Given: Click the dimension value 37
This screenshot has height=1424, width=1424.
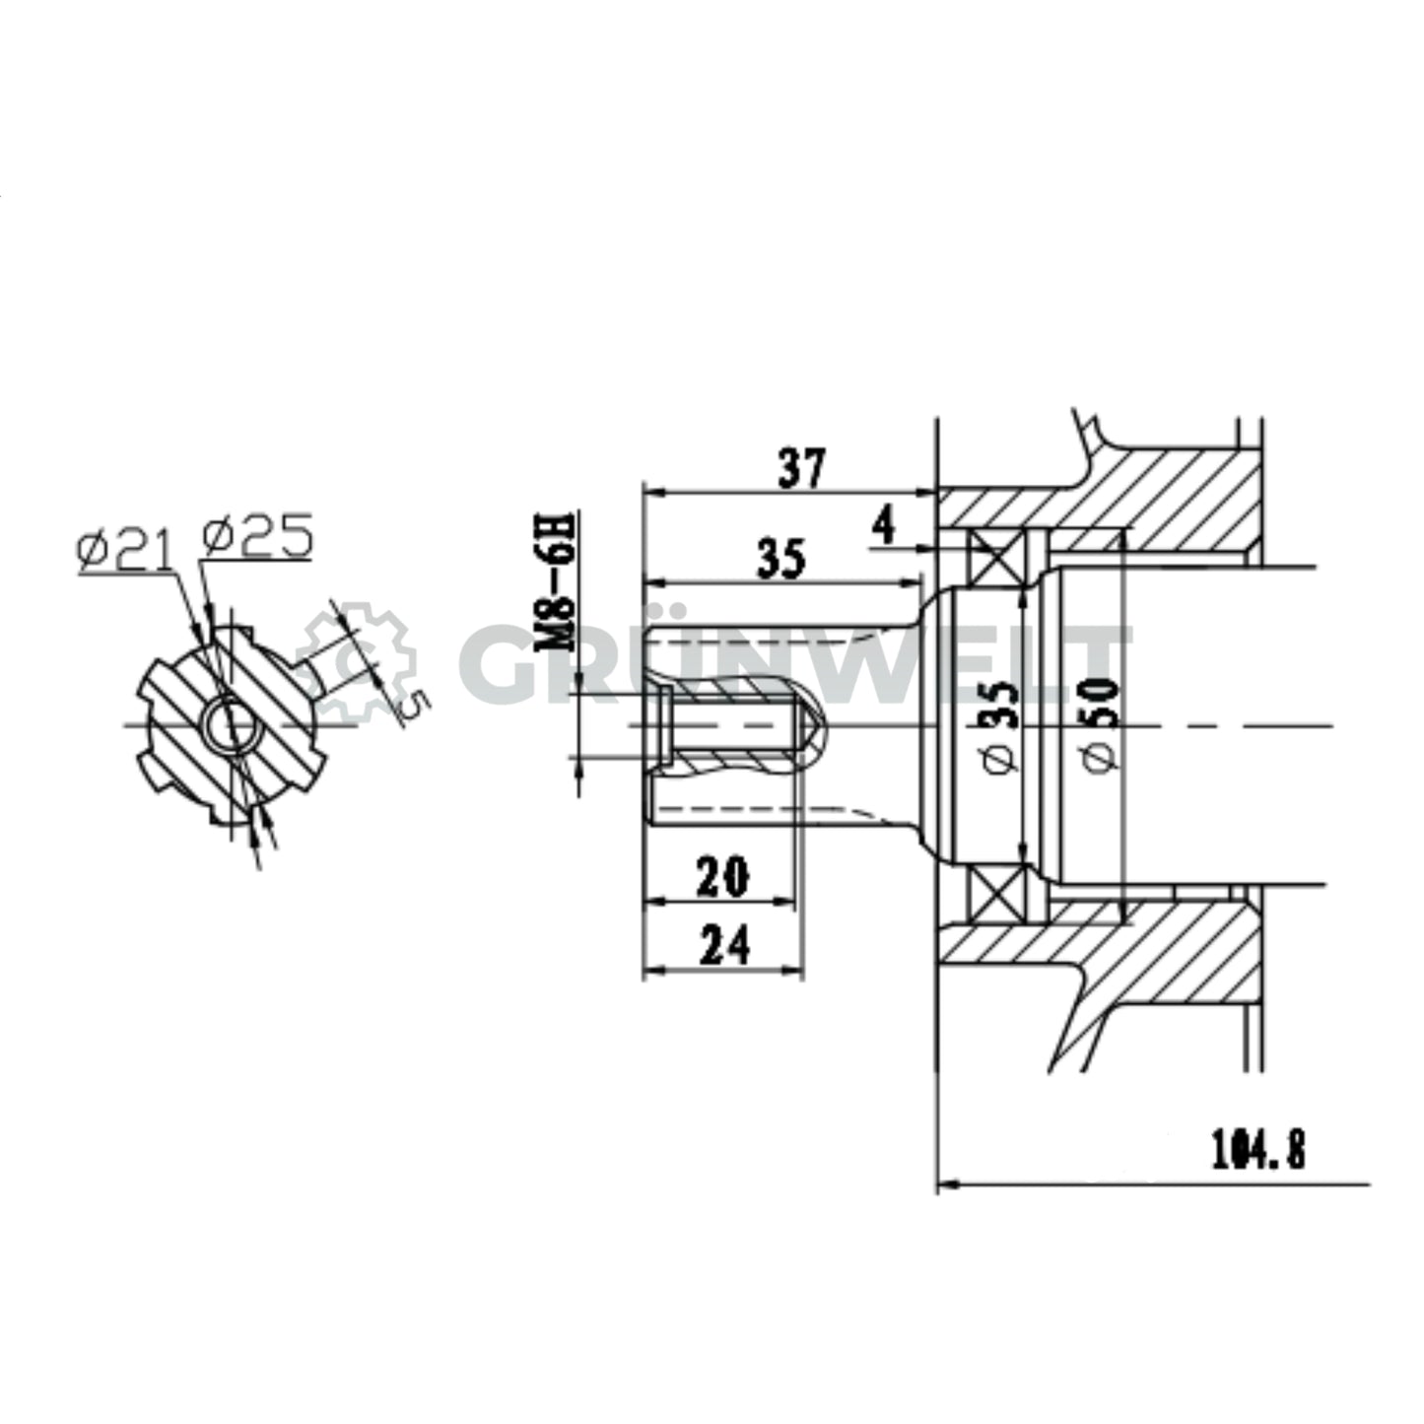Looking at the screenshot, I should (801, 468).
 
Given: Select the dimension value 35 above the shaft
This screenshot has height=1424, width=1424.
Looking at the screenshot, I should (780, 558).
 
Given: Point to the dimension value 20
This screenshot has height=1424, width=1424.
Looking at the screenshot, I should (722, 876).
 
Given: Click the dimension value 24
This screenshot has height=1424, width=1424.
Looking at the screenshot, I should (723, 946).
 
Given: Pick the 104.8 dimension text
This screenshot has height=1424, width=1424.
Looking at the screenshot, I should (1257, 1149).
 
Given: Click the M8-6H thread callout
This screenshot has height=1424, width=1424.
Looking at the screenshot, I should (558, 581).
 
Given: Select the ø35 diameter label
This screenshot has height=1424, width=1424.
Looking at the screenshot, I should (1000, 725).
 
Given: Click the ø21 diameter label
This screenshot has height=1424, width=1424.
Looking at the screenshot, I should (124, 550).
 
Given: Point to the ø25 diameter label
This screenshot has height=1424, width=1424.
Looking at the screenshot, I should (257, 536).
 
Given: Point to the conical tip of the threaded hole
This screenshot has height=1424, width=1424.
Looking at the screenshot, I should (806, 726).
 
